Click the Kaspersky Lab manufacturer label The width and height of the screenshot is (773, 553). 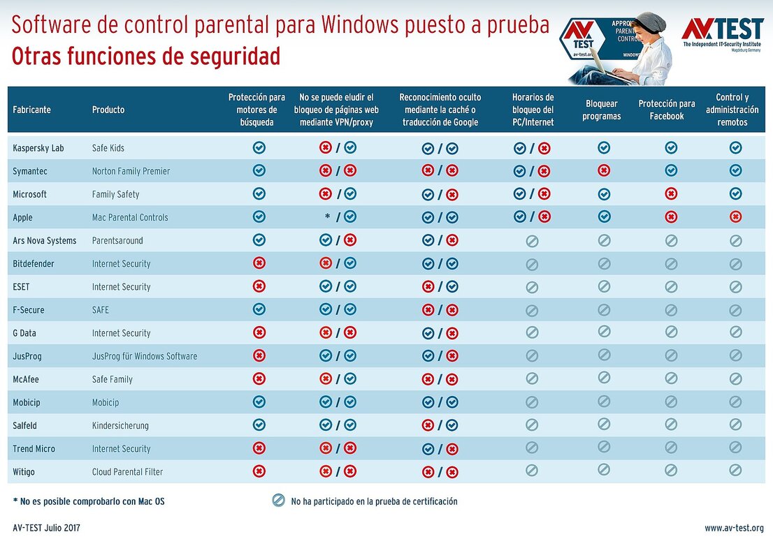(38, 148)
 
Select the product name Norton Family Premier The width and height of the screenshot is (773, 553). (131, 171)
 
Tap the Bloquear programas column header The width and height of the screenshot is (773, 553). (601, 110)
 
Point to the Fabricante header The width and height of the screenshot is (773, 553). (31, 110)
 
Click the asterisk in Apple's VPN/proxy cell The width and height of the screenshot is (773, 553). (327, 217)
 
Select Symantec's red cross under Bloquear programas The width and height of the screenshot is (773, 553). (604, 170)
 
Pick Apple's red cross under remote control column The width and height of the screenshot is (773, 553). (735, 216)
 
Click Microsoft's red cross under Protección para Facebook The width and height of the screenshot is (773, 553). (671, 193)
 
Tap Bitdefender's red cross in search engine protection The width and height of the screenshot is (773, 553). (259, 263)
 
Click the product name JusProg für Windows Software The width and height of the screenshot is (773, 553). (145, 356)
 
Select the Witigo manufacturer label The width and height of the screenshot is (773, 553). (24, 472)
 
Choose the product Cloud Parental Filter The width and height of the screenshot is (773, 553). (127, 472)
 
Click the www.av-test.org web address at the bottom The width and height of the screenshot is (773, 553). (734, 528)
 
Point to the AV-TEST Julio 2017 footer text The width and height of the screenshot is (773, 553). (46, 528)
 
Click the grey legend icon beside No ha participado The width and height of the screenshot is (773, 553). (279, 500)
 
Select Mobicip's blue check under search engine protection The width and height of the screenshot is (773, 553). (259, 402)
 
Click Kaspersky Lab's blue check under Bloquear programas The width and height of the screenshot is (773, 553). (604, 147)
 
